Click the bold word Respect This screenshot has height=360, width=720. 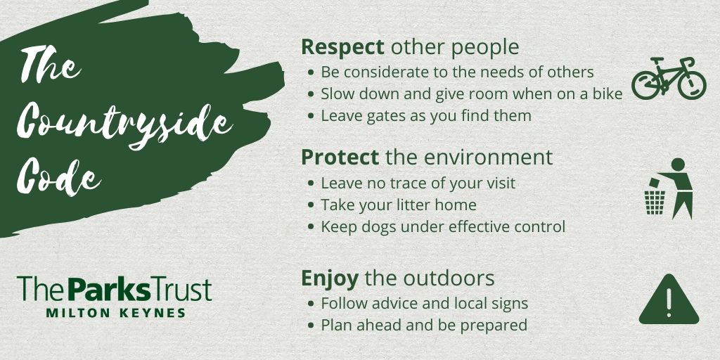click(342, 48)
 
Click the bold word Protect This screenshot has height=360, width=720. click(340, 157)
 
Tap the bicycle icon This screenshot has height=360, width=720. click(668, 77)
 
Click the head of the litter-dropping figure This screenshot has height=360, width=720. click(678, 165)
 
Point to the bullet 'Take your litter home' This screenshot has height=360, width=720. click(399, 205)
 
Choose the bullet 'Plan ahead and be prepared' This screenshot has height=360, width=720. click(424, 326)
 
